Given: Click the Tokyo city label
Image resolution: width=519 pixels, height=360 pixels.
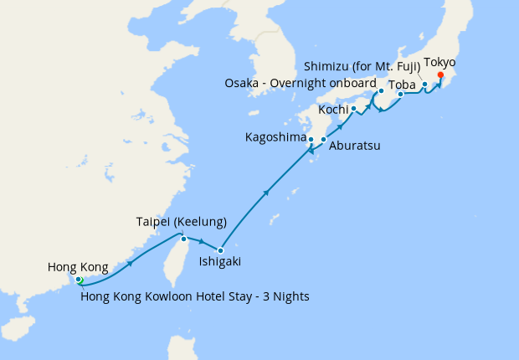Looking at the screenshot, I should [x=440, y=62].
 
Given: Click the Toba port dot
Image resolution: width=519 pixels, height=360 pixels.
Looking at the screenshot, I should [x=401, y=94].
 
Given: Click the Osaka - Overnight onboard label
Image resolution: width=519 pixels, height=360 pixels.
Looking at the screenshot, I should [x=301, y=83].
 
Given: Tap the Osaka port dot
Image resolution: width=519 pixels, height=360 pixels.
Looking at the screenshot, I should [x=381, y=90].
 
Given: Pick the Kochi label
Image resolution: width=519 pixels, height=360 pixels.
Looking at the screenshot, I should [x=335, y=110].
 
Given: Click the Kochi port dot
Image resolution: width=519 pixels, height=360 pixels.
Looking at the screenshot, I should [x=353, y=109].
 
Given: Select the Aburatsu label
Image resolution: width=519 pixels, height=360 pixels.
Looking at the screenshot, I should [x=355, y=146].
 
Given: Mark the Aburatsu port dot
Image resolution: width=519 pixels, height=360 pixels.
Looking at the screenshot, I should [x=323, y=139].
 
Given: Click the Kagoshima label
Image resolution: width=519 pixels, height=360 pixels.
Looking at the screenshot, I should [x=275, y=136].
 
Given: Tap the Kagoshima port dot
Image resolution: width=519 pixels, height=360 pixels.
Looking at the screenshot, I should [x=311, y=139].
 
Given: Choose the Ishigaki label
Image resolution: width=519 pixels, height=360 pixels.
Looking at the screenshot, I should [x=220, y=261].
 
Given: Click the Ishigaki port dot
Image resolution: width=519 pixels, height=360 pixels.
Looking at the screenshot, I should [x=220, y=249].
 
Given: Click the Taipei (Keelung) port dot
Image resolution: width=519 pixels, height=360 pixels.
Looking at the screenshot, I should [x=183, y=238].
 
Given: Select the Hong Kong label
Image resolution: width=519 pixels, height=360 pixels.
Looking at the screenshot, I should [x=78, y=267].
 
